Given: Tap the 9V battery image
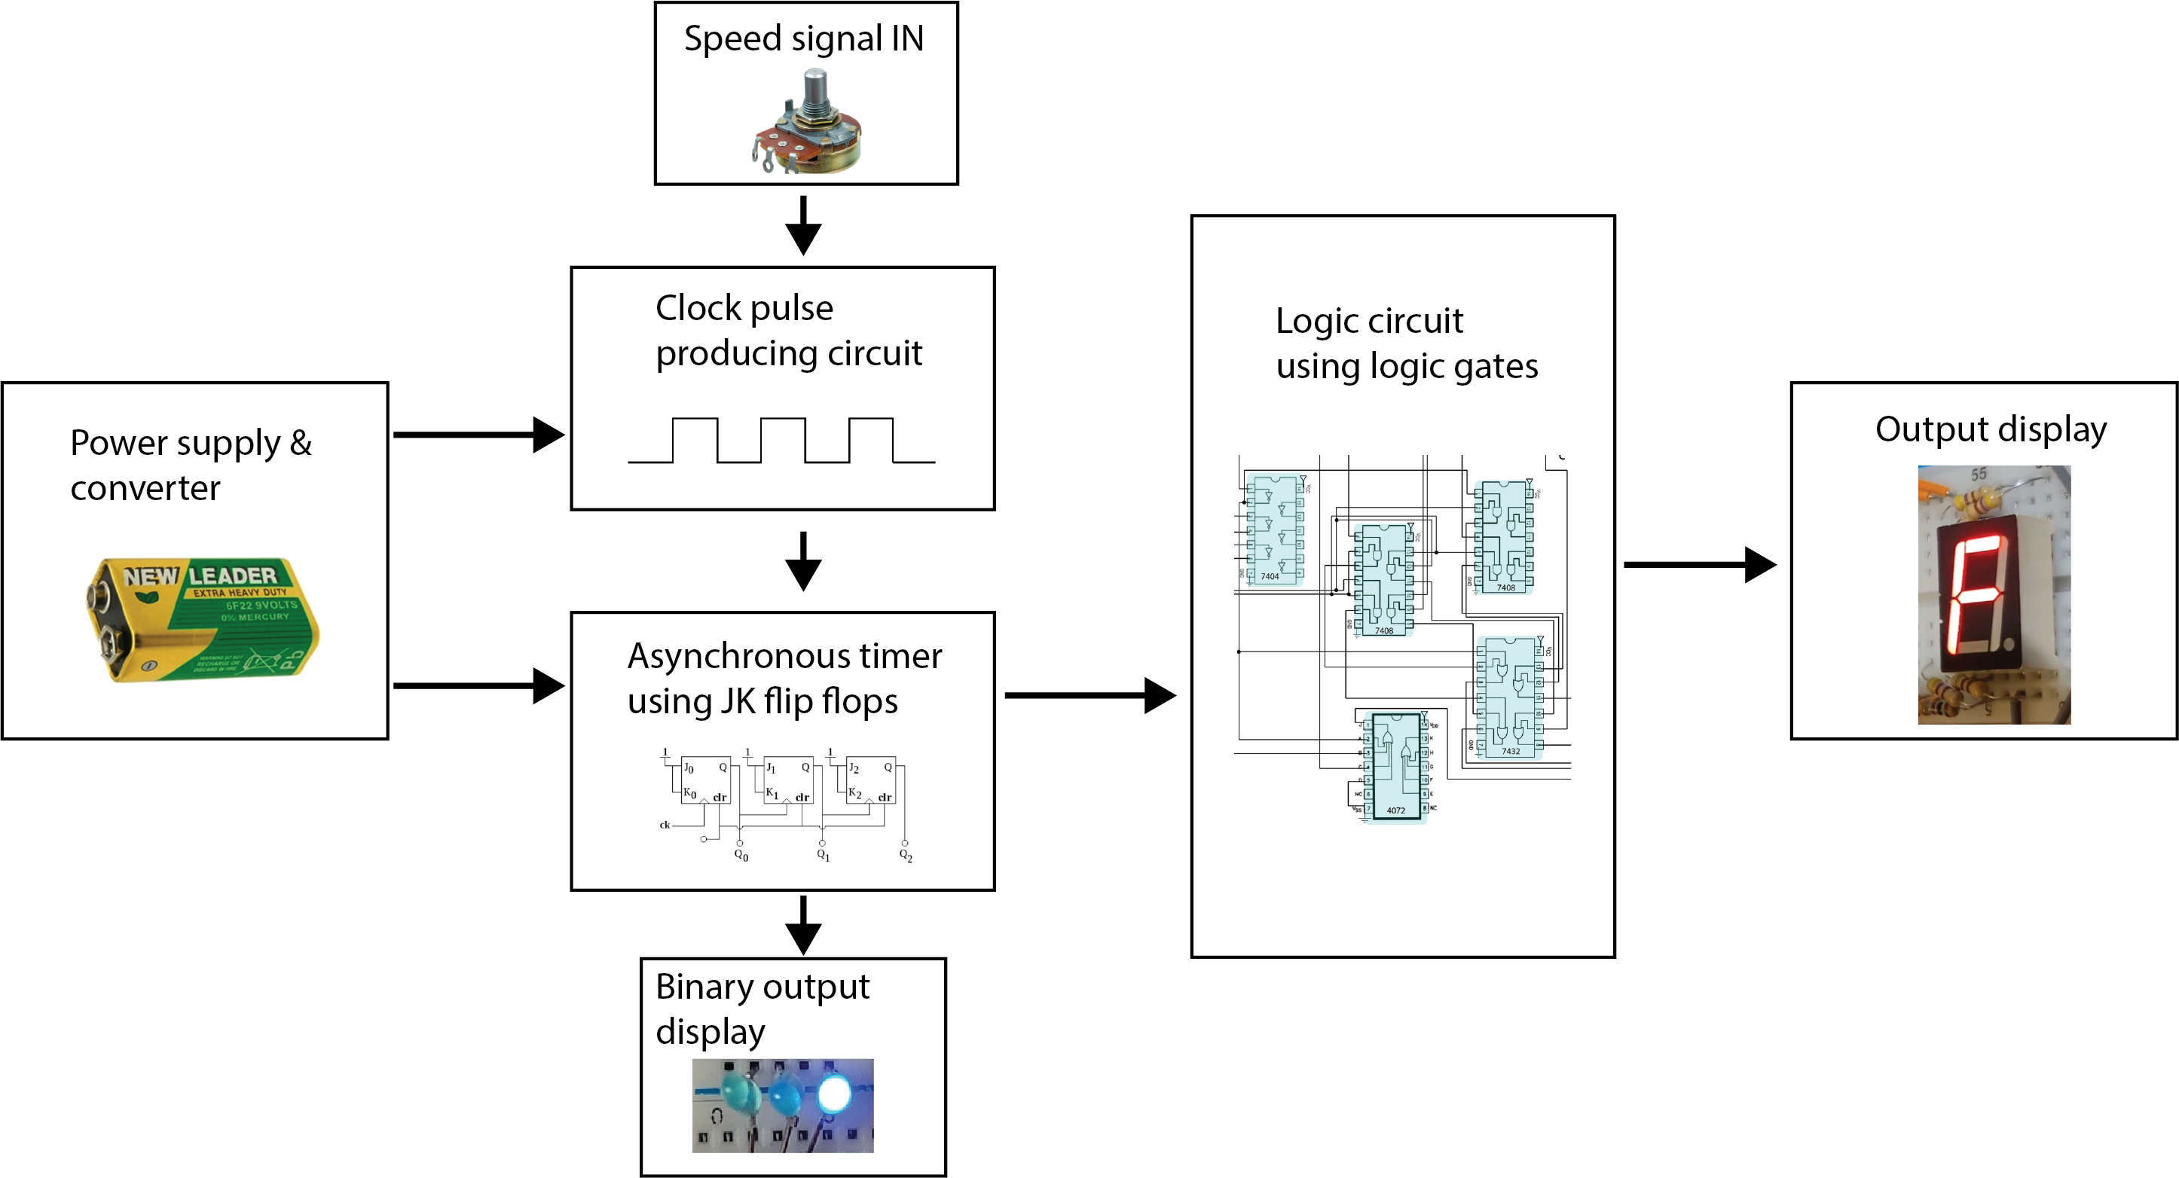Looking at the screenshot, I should click(x=203, y=619).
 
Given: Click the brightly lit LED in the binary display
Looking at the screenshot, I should click(x=833, y=1094).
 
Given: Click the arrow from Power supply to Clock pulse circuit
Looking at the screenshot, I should click(x=478, y=435).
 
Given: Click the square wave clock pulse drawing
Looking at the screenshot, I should click(x=781, y=441).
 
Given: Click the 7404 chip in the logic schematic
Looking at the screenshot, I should click(x=1274, y=531).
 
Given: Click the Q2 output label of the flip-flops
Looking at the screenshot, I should click(x=905, y=855).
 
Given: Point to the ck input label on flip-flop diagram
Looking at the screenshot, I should click(x=664, y=825).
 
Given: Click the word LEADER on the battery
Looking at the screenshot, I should click(x=232, y=576).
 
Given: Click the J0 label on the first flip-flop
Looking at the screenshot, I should click(x=689, y=768).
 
